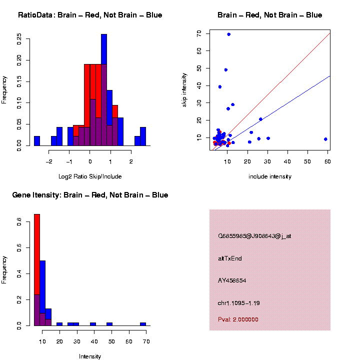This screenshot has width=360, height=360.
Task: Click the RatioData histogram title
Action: pyautogui.click(x=90, y=15)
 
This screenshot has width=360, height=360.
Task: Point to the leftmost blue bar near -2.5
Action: pyautogui.click(x=37, y=141)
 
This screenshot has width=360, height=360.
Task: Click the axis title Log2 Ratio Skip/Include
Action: pyautogui.click(x=90, y=176)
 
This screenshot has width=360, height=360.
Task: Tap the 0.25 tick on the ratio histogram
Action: pyautogui.click(x=19, y=38)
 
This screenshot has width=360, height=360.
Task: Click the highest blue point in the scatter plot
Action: pyautogui.click(x=228, y=34)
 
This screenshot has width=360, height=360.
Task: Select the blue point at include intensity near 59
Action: pyautogui.click(x=325, y=139)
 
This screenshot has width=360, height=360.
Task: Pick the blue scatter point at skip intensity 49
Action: pyautogui.click(x=226, y=70)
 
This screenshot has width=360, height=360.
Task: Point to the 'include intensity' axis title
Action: pyautogui.click(x=270, y=176)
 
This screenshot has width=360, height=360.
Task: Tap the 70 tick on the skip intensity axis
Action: pyautogui.click(x=199, y=33)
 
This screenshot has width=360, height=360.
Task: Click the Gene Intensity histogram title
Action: pyautogui.click(x=90, y=195)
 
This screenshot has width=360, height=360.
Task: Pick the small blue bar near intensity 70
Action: pyautogui.click(x=143, y=324)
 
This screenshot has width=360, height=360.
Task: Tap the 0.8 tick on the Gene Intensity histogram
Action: pyautogui.click(x=19, y=221)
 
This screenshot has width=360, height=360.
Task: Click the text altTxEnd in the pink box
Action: pyautogui.click(x=230, y=258)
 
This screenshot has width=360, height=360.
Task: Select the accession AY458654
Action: pyautogui.click(x=232, y=280)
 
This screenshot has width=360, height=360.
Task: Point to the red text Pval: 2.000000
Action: pyautogui.click(x=238, y=319)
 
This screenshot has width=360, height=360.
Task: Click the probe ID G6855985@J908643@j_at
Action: pyautogui.click(x=254, y=236)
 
